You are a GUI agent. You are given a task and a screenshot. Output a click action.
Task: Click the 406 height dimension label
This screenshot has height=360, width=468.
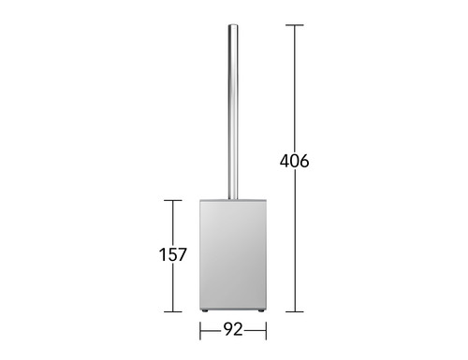pos(294,161)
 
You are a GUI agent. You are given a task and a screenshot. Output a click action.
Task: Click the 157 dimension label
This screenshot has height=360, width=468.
pos(173,254)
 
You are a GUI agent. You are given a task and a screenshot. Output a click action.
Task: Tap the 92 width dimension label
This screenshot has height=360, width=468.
pos(233,329)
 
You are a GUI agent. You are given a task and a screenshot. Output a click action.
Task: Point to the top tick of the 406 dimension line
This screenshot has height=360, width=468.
pos(295,25)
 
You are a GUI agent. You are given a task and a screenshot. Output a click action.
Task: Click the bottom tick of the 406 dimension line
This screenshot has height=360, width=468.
pos(295,311)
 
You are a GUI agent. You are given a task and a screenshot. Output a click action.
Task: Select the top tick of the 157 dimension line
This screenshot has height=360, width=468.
pos(173,200)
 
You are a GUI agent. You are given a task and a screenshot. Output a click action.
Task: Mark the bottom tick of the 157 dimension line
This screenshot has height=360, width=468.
pos(173,311)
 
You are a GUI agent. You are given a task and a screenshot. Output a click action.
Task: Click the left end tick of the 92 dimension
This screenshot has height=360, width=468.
pos(200,331)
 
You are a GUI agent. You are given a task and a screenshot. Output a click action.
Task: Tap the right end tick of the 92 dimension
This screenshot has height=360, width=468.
pos(266,331)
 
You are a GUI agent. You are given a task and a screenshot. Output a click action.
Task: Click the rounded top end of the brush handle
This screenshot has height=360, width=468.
pos(233,26)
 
